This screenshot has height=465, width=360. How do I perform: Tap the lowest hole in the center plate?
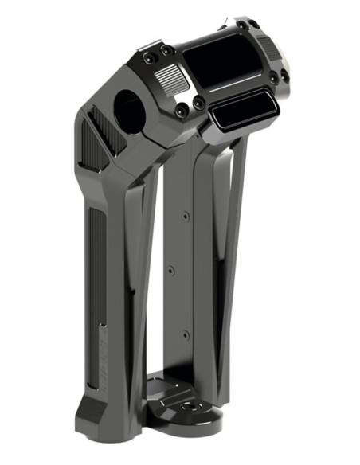185,334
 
